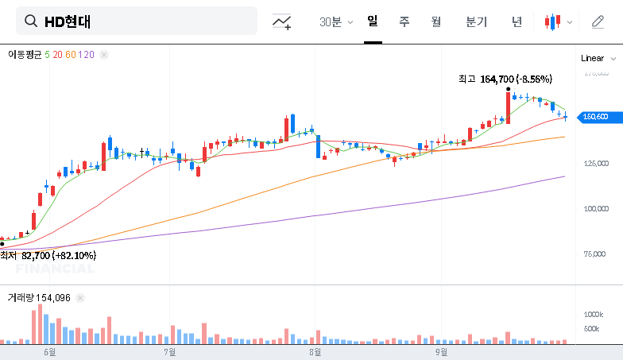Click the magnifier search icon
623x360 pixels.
[32, 21]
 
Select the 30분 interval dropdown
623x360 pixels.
[335, 22]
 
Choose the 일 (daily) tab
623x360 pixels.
[373, 21]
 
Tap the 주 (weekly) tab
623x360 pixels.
[404, 21]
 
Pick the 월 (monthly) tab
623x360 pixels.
[436, 21]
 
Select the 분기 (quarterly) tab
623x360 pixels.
[477, 21]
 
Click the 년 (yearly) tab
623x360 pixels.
[517, 21]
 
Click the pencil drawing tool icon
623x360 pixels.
[598, 21]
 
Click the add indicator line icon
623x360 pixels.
[281, 22]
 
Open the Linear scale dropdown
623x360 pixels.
[598, 58]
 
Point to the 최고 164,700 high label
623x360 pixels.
[505, 79]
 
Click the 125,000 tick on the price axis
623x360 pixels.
[596, 164]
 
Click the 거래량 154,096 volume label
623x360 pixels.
[39, 297]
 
